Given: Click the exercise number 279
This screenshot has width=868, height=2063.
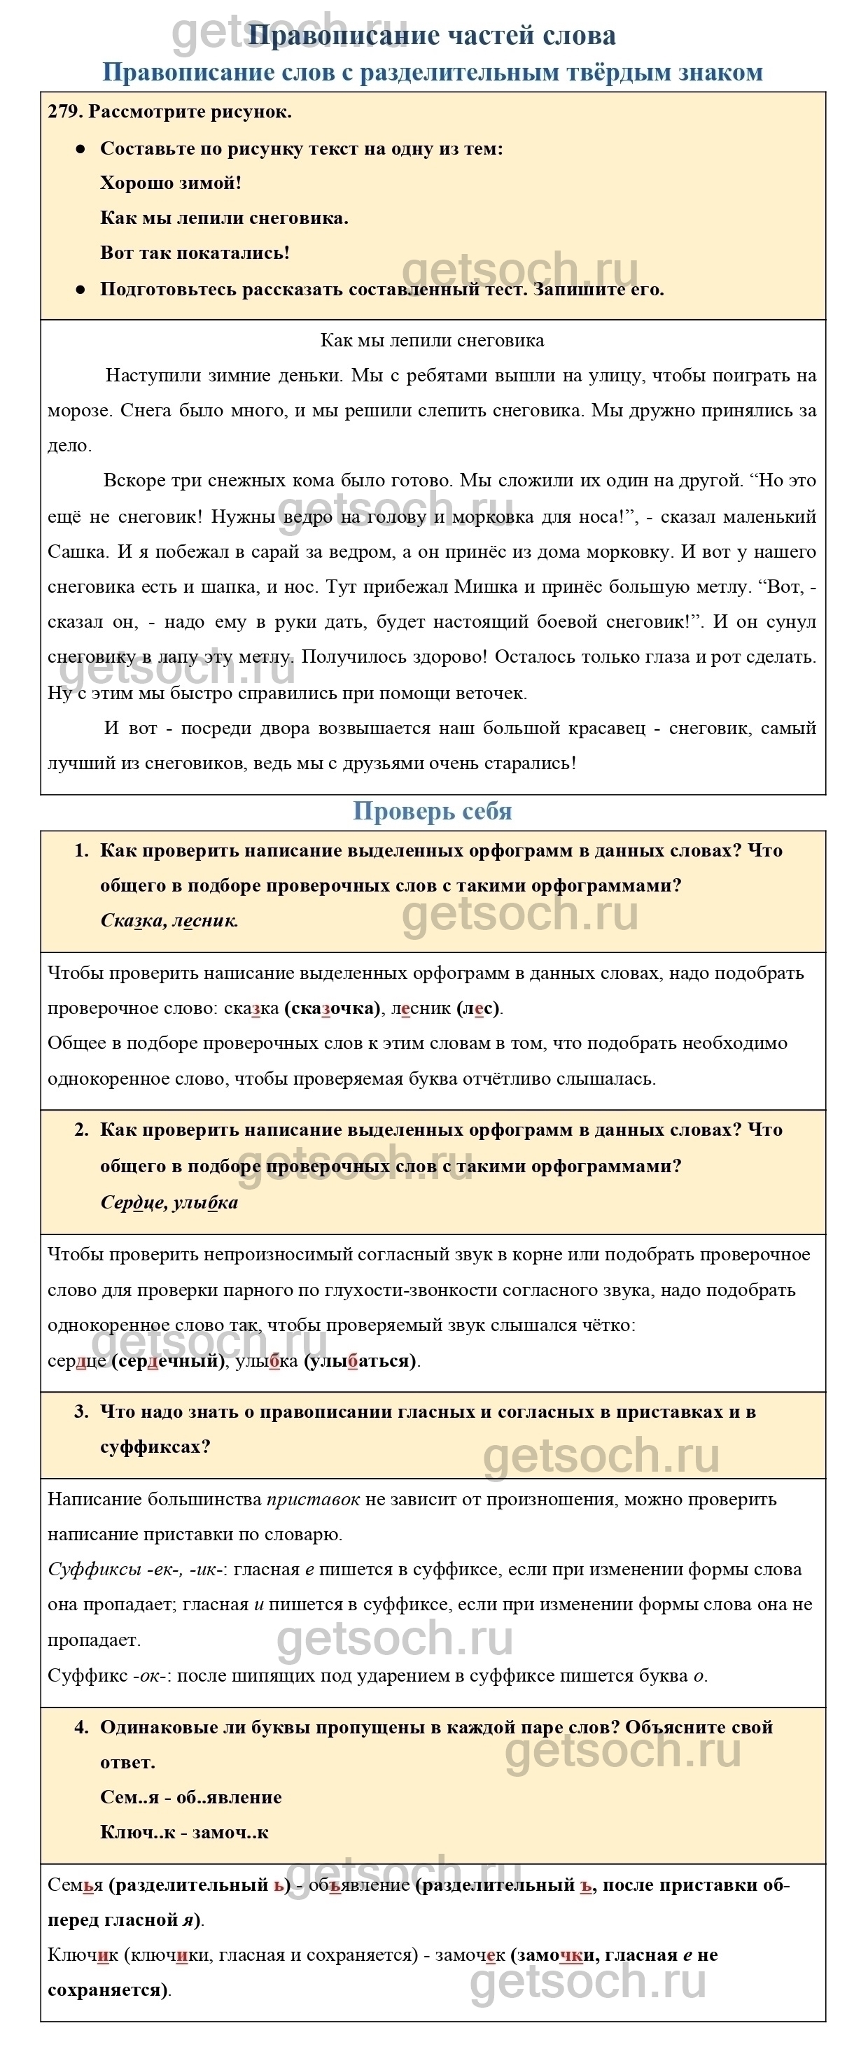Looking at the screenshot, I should (64, 112).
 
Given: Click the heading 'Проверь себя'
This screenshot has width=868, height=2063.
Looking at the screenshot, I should (433, 811).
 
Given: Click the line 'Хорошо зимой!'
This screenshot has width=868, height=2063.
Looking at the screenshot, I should (171, 183).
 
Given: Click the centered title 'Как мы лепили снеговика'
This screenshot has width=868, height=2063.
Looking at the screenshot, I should (433, 340).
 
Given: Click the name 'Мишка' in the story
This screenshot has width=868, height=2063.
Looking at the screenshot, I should (486, 587).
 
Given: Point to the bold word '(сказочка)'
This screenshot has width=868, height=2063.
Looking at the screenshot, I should (332, 1008).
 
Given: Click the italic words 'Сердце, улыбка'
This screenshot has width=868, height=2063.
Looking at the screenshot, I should (169, 1202).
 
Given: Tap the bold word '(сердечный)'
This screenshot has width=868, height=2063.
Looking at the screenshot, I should (168, 1360).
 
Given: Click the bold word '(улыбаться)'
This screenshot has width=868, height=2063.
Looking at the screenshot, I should (361, 1360).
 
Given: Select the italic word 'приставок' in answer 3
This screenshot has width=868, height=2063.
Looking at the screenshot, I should (313, 1499).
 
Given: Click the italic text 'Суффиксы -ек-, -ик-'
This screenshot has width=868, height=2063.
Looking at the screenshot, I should (136, 1570).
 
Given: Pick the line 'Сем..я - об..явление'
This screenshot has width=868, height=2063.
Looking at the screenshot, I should (190, 1797).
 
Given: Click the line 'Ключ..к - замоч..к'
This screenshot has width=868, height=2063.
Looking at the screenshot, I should (184, 1832).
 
